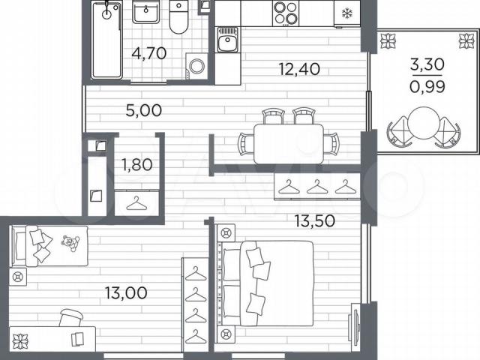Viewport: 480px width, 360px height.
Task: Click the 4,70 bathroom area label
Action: (x=149, y=53)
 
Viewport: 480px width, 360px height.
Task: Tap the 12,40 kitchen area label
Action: (x=300, y=69)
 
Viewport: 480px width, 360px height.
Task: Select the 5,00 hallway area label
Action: (x=143, y=110)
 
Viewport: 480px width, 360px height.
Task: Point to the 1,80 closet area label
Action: (x=137, y=165)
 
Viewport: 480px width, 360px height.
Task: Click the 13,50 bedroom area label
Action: (x=315, y=220)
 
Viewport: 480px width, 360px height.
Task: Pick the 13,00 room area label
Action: (x=126, y=293)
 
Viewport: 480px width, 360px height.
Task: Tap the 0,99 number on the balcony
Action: (x=427, y=88)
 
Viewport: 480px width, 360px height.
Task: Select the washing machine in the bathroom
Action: (x=196, y=66)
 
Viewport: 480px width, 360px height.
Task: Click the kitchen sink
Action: (x=227, y=40)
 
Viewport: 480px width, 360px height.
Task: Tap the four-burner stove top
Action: (x=285, y=13)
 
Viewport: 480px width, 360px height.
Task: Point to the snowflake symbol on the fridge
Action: (x=346, y=13)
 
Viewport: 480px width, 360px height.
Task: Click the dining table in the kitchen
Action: (x=289, y=143)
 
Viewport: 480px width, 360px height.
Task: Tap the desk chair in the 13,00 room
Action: (x=71, y=318)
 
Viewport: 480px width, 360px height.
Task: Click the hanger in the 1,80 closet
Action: (x=136, y=203)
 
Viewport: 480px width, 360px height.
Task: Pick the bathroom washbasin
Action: (x=145, y=12)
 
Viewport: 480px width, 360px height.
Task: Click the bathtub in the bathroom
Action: (x=106, y=40)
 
